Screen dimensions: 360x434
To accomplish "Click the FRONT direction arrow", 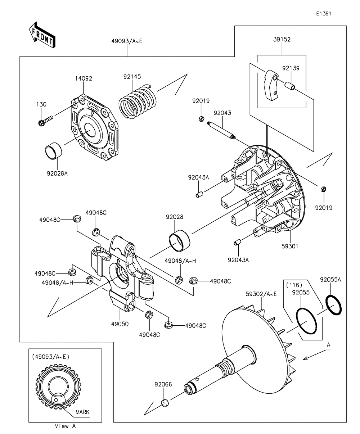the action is [42, 35].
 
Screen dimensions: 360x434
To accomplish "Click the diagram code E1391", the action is [324, 14].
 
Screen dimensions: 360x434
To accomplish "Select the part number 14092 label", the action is [84, 78].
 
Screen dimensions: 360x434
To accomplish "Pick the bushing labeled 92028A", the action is [53, 151].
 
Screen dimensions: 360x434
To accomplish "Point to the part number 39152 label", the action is [282, 39].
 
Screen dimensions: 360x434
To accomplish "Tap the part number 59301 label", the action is [290, 246].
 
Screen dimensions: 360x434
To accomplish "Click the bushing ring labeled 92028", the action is [179, 241].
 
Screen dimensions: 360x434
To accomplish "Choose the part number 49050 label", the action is [120, 324].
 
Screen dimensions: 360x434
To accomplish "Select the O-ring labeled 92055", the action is [307, 321].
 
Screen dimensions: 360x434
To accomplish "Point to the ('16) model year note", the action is [294, 285].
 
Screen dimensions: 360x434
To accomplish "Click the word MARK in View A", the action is [82, 412].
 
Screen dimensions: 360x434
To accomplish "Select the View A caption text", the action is [65, 426].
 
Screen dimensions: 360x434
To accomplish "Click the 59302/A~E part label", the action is [261, 294].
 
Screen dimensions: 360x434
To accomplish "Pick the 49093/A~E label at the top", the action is [127, 41].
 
